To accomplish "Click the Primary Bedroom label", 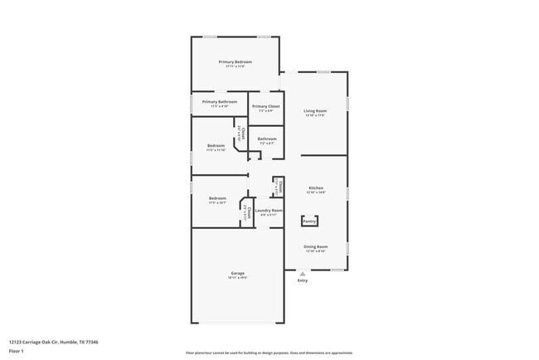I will click(236, 62).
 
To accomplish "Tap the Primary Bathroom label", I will click(219, 102).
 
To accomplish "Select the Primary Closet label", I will click(265, 106).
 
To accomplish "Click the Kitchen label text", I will click(316, 187).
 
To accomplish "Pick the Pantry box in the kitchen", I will click(309, 221).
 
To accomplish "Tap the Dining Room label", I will click(316, 246).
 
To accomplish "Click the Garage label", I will click(237, 273).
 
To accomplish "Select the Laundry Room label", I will click(269, 211).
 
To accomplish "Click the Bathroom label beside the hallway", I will click(267, 139).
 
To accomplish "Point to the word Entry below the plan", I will click(302, 280).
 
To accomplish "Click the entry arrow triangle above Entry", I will click(302, 274).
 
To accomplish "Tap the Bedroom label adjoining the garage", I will click(217, 198).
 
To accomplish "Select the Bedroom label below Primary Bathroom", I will click(216, 146).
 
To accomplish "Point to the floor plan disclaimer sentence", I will click(269, 353).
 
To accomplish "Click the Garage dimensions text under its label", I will click(237, 278).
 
